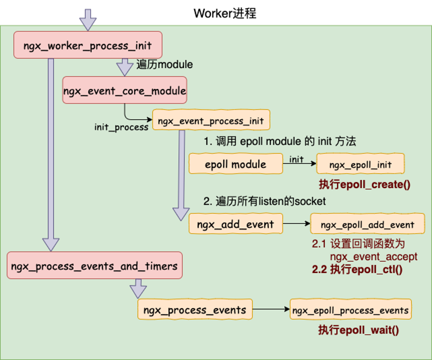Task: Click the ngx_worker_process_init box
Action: [x=87, y=45]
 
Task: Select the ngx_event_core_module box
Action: [x=124, y=90]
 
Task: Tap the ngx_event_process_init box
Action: [x=210, y=120]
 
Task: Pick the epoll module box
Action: [x=235, y=164]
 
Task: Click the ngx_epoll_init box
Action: [x=360, y=164]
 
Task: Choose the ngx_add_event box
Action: [x=235, y=224]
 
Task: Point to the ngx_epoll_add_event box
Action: [x=367, y=224]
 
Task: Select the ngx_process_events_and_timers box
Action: [x=94, y=265]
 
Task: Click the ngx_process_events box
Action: [x=194, y=310]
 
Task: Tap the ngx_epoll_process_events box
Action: [x=350, y=310]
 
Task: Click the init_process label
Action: [x=121, y=127]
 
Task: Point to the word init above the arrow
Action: [x=296, y=159]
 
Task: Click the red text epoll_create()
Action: [x=364, y=184]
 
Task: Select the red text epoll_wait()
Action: [x=358, y=330]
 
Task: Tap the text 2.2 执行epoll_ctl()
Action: [x=357, y=270]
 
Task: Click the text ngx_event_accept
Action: [x=373, y=257]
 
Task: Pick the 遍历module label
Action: [x=164, y=64]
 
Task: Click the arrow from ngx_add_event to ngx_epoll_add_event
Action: [x=296, y=224]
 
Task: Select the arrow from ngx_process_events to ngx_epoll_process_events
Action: [x=270, y=310]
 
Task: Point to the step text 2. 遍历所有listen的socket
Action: [x=264, y=201]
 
